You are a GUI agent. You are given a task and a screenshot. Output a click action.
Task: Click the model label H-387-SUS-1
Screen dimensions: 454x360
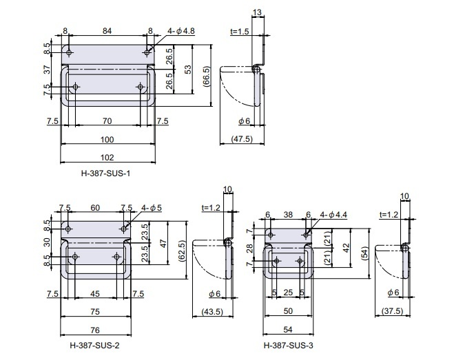[105, 173]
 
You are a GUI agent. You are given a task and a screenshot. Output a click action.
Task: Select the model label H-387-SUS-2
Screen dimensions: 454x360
[94, 346]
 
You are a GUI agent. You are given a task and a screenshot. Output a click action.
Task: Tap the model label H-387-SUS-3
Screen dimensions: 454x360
[289, 346]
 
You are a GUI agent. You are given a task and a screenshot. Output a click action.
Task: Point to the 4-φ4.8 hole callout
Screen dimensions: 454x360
[181, 31]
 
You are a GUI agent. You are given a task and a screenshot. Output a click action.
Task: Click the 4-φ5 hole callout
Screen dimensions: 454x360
[152, 207]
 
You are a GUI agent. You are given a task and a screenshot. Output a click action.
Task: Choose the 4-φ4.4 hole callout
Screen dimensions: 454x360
[333, 215]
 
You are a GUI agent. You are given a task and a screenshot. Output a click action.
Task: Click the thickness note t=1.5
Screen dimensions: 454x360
[240, 31]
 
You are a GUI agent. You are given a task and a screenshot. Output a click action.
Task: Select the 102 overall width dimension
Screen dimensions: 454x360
[107, 158]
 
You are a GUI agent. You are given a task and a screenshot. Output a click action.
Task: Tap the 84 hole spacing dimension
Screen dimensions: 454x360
[107, 31]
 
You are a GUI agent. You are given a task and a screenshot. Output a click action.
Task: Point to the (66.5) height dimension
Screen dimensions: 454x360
[207, 76]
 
